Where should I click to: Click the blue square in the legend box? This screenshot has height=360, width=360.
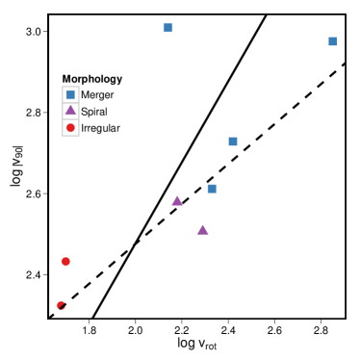(70, 94)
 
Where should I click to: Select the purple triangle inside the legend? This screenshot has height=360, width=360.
(70, 111)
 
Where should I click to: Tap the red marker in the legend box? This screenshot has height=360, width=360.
(70, 127)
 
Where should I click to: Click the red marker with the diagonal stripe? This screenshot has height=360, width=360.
(61, 305)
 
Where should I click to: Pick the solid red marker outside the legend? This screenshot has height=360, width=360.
(65, 261)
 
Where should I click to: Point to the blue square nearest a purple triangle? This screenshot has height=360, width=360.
(212, 189)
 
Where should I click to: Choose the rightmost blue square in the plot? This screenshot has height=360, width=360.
(332, 41)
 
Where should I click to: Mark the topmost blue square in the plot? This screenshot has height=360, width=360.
(167, 28)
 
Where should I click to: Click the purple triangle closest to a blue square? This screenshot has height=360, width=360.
(177, 200)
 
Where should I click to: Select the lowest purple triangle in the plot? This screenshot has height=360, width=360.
(202, 229)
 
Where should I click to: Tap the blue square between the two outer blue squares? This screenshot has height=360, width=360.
(233, 141)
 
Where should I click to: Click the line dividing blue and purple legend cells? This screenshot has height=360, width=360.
(70, 103)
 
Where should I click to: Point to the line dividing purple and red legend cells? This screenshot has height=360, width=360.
(70, 119)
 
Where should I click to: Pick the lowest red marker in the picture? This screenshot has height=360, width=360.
(61, 305)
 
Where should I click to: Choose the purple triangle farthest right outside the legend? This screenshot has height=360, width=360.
(202, 229)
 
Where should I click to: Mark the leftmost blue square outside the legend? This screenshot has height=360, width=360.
(167, 28)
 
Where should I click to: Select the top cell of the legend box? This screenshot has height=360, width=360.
(70, 94)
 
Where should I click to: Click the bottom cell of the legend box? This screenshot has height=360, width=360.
(70, 127)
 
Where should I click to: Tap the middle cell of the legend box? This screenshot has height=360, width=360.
(70, 111)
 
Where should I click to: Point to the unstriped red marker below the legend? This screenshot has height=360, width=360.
(65, 261)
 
